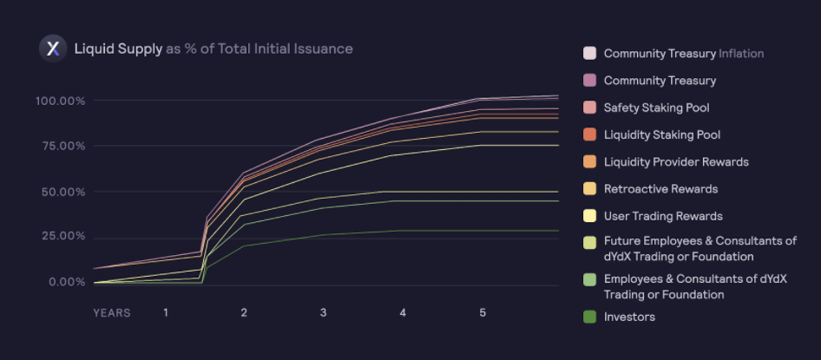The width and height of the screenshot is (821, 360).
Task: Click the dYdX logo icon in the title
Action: [x=53, y=49]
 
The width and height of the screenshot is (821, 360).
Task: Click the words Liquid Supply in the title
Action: [x=118, y=49]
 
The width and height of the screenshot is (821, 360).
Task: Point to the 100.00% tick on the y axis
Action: [x=61, y=101]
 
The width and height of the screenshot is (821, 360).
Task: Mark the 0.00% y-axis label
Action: [x=66, y=282]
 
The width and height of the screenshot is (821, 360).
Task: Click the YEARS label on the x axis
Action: [x=112, y=312]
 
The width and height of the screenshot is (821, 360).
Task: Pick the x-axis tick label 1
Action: [x=166, y=312]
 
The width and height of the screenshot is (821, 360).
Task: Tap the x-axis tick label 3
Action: [x=323, y=312]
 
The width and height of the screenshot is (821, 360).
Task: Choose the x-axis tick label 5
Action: [x=483, y=312]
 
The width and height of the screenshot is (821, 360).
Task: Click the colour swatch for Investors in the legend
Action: [x=589, y=317]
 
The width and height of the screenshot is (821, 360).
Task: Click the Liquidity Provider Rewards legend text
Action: [x=676, y=161]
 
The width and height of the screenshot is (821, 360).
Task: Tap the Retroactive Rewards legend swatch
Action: [x=589, y=188]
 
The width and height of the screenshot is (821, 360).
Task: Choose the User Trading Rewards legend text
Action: [x=663, y=215]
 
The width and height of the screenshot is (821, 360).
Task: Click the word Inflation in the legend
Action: [x=741, y=54]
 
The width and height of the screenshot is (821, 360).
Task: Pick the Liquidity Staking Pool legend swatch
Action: [x=589, y=134]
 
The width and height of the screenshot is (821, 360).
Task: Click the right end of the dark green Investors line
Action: [x=557, y=231]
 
